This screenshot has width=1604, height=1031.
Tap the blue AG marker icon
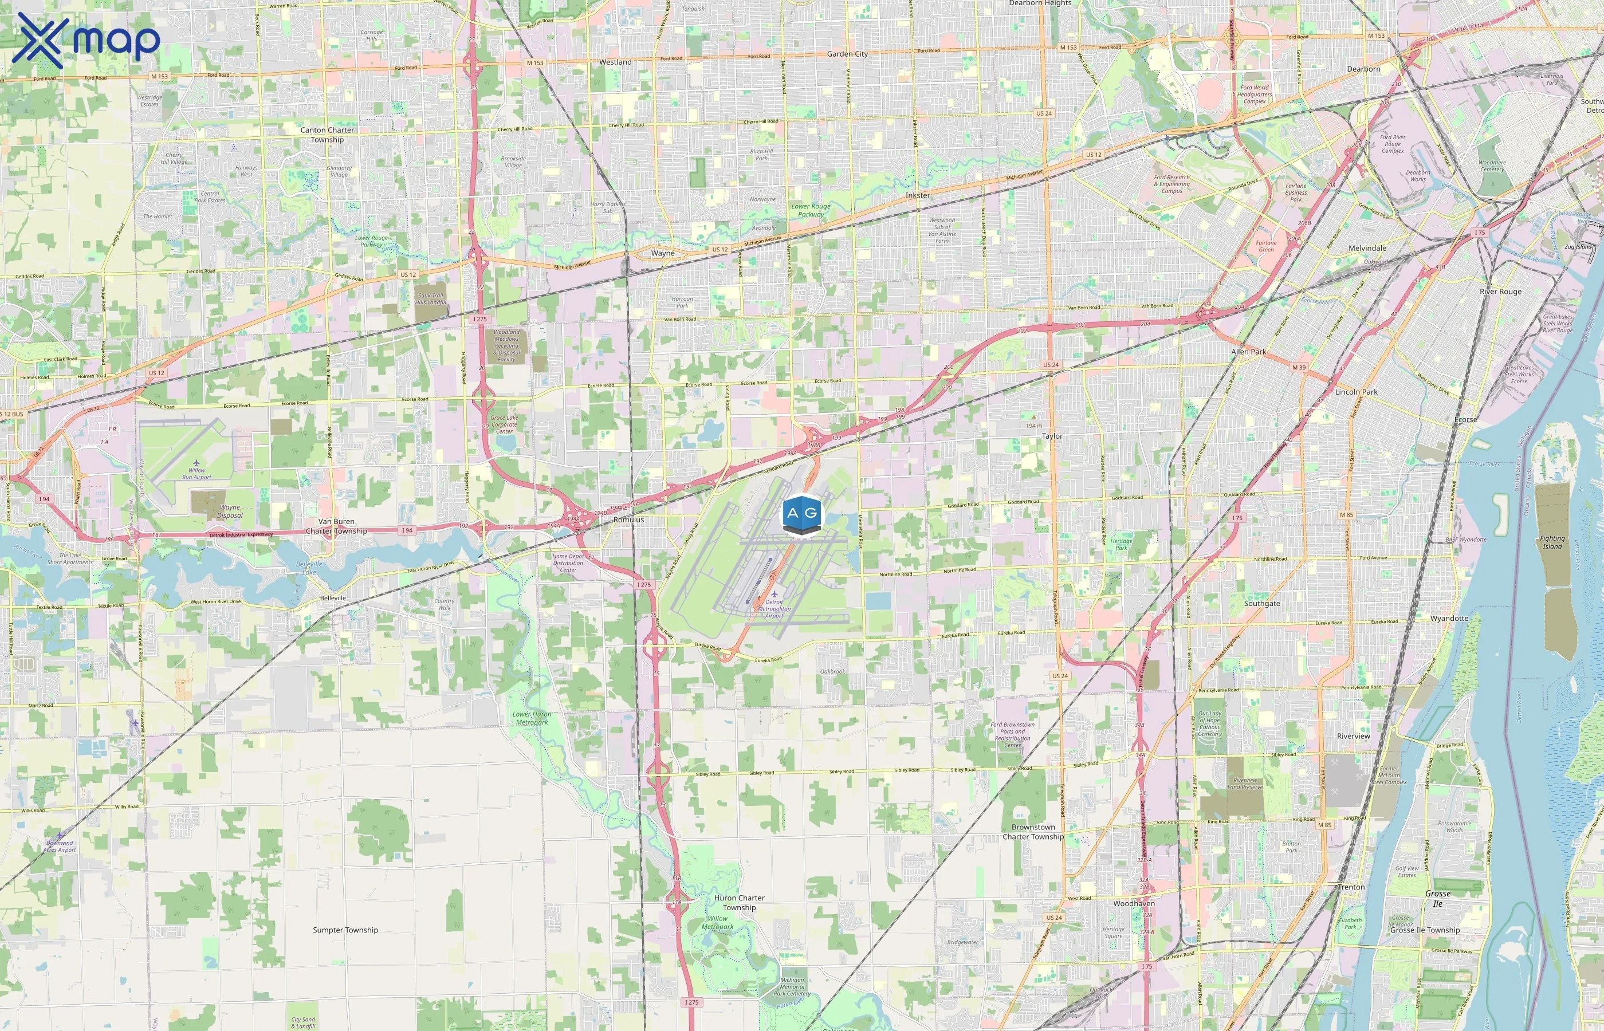coord(801,515)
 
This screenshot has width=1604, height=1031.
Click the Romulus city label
coord(628,520)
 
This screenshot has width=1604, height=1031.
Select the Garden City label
coord(847,54)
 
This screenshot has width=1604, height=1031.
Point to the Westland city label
coord(615,62)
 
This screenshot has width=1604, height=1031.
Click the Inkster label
coord(917,195)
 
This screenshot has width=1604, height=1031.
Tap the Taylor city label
coord(1052,436)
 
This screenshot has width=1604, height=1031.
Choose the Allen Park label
coord(1248,352)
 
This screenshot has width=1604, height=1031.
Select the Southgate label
coord(1262,603)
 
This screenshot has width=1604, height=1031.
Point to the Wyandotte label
coord(1449,619)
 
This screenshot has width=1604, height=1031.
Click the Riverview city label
coord(1353,736)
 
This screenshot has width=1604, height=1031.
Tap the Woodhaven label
coord(1133,903)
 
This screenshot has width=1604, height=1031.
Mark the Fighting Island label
coord(1552,542)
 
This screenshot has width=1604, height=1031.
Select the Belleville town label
coord(333,598)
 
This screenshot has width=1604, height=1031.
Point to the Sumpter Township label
coord(345,930)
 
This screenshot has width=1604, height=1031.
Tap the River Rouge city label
coord(1500,292)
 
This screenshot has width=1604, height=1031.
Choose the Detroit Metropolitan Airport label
coord(775,608)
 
